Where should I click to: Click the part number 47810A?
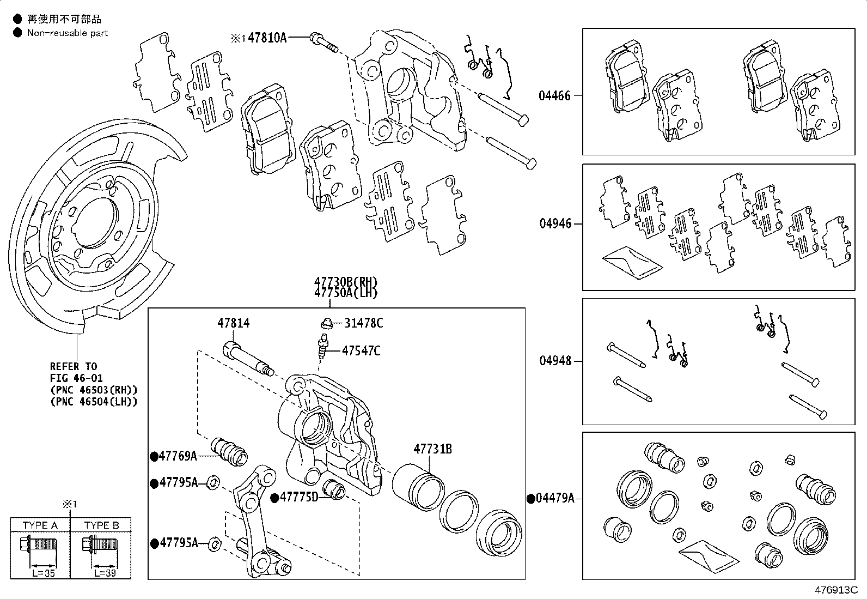point(266,38)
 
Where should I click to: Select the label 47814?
point(233,323)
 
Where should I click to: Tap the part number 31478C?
point(363,323)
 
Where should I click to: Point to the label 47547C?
point(361,350)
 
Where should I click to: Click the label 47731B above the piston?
point(432,449)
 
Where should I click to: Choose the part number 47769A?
point(178,456)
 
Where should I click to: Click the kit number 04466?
point(554,96)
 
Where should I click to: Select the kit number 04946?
point(555,223)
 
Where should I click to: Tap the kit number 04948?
point(555,361)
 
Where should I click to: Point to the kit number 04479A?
point(554,498)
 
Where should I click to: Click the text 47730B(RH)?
point(345,282)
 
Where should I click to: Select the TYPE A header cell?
point(40,525)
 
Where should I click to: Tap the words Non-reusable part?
point(68,33)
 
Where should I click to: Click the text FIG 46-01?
point(76,378)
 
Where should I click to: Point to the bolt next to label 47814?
point(246,358)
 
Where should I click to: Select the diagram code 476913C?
point(836,590)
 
